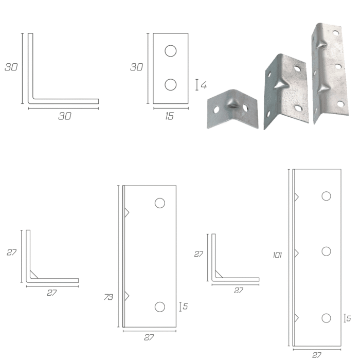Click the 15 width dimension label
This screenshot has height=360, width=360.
coord(169,116)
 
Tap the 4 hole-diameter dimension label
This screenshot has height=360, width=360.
coord(204,85)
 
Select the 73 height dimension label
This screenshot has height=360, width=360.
coord(109,297)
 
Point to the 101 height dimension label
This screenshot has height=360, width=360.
coord(277,255)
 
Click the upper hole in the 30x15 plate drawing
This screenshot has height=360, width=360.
coord(171,51)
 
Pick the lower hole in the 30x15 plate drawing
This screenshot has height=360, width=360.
coord(171,85)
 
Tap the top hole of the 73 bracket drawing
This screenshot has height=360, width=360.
coord(160,203)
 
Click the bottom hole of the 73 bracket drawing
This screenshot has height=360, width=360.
coord(160,307)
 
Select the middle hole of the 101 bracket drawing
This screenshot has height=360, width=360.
coord(326,251)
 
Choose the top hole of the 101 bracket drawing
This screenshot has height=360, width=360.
coord(326,196)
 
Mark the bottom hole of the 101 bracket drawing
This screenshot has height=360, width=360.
coord(326,318)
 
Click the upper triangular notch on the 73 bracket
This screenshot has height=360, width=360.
coord(127,212)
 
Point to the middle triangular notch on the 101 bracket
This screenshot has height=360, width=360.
coord(296,253)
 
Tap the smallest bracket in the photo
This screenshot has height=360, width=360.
coord(232,109)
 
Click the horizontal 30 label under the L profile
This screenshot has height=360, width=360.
coord(65,116)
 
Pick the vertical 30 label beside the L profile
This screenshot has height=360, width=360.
coord(11,67)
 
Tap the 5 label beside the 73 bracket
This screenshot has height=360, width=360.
coord(185,307)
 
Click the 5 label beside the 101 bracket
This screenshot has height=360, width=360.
coord(349,319)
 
